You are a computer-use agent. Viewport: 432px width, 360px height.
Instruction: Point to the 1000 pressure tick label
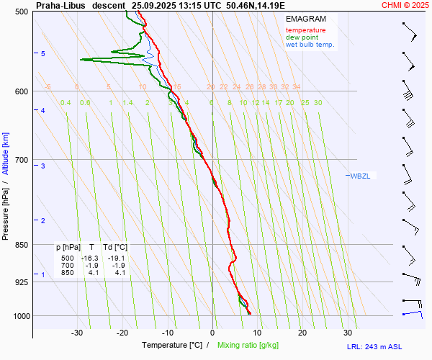pyautogui.click(x=21, y=315)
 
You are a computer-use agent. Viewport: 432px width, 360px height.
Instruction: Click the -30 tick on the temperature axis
pyautogui.click(x=77, y=333)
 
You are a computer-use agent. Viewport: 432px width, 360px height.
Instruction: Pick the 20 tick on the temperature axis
pyautogui.click(x=302, y=333)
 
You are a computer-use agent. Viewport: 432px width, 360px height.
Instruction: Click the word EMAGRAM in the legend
pyautogui.click(x=305, y=19)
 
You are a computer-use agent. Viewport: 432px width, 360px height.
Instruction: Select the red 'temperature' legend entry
pyautogui.click(x=305, y=30)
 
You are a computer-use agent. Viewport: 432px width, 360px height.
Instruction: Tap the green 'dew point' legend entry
pyautogui.click(x=302, y=37)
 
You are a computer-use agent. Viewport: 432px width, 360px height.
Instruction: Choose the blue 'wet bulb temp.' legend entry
pyautogui.click(x=310, y=45)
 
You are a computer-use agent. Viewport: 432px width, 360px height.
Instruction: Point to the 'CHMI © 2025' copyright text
pyautogui.click(x=405, y=4)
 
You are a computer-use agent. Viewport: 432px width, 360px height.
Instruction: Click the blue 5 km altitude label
pyautogui.click(x=43, y=54)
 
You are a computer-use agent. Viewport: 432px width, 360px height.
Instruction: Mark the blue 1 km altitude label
pyautogui.click(x=43, y=275)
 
